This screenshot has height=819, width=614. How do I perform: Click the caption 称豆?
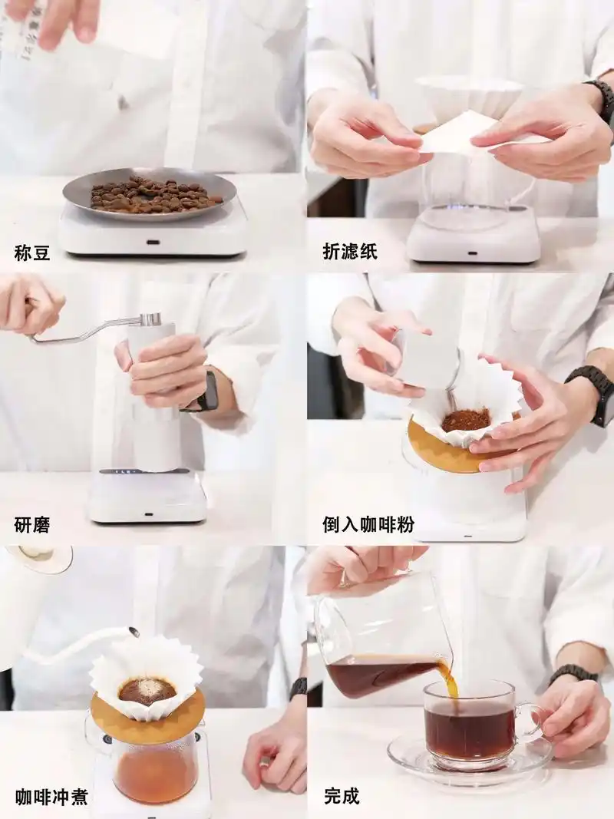pos(33,252)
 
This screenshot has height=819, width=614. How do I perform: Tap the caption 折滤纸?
pos(350,252)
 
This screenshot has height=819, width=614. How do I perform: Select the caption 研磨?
pos(33,525)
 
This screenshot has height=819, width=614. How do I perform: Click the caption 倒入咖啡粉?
pos(368,525)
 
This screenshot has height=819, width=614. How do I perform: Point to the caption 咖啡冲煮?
pos(51,797)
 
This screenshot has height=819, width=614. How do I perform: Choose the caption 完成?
pos(342,797)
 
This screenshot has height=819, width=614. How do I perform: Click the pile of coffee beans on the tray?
pos(153,194)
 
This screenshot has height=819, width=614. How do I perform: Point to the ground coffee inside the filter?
pos(466,420)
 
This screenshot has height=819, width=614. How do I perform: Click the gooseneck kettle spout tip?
pos(134,632)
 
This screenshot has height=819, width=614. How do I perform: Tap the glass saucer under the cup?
pos(468,760)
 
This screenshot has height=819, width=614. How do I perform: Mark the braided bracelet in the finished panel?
pos(573,673)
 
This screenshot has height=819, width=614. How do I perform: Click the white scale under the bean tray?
pos(153,234)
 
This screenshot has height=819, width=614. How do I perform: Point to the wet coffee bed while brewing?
pos(147,690)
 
